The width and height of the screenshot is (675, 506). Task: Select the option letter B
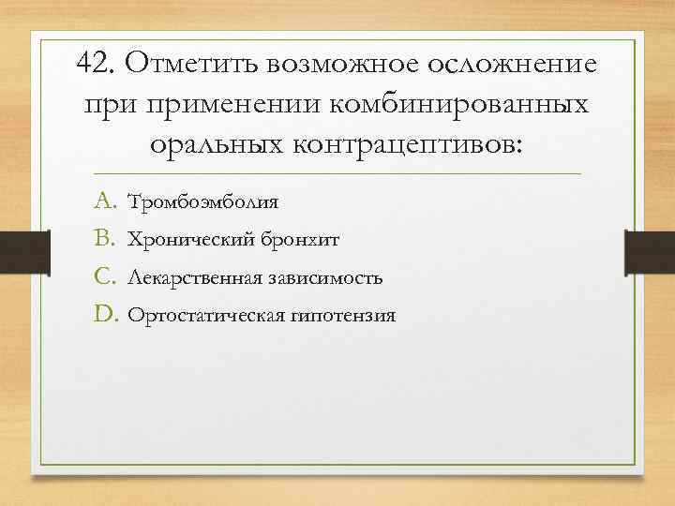click(104, 239)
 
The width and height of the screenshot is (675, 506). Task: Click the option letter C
click(104, 277)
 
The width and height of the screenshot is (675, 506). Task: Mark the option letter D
click(105, 315)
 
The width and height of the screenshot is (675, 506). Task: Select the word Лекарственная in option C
click(192, 278)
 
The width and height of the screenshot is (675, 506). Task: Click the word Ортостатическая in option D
click(200, 317)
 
